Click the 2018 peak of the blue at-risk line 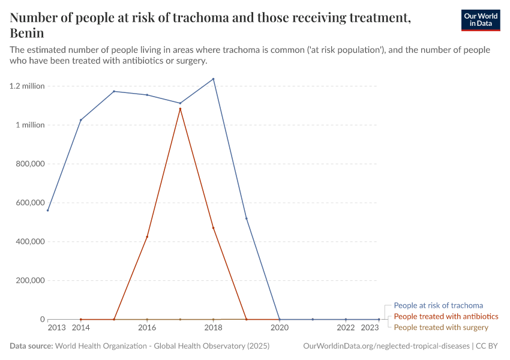pyautogui.click(x=213, y=79)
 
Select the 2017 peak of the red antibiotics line pyautogui.click(x=180, y=109)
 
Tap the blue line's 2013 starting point pyautogui.click(x=48, y=210)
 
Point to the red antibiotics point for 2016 pyautogui.click(x=147, y=237)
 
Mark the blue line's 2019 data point pyautogui.click(x=246, y=218)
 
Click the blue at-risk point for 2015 pyautogui.click(x=114, y=91)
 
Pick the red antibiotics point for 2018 pyautogui.click(x=213, y=228)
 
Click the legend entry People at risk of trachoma pyautogui.click(x=438, y=305)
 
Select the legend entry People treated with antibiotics pyautogui.click(x=446, y=316)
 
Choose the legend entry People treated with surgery pyautogui.click(x=441, y=328)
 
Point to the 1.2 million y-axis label pyautogui.click(x=27, y=86)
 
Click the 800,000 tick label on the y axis pyautogui.click(x=29, y=164)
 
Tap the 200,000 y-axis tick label pyautogui.click(x=29, y=280)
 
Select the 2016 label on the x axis pyautogui.click(x=147, y=328)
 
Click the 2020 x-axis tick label pyautogui.click(x=279, y=328)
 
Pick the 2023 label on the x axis pyautogui.click(x=370, y=328)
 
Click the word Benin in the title pyautogui.click(x=27, y=32)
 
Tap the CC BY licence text pyautogui.click(x=488, y=346)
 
